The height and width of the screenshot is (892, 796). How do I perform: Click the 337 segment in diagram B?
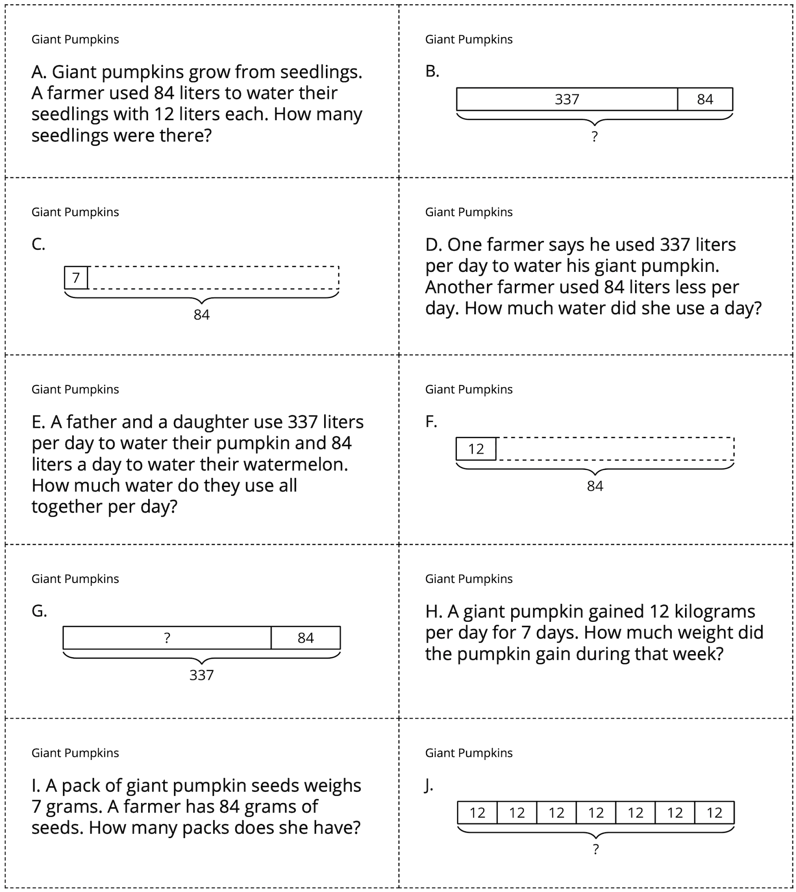[566, 99]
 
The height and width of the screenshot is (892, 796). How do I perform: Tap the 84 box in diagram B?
[704, 99]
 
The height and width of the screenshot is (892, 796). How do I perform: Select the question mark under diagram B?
[594, 137]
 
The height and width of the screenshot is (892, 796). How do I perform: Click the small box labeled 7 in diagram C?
[76, 278]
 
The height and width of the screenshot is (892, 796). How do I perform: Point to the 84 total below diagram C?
[201, 315]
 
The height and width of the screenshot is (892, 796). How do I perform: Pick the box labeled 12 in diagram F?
[476, 449]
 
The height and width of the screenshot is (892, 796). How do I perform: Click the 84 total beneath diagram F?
[595, 486]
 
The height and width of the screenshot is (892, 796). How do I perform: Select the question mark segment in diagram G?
[167, 638]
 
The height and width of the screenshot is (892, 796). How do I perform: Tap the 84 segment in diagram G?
[306, 638]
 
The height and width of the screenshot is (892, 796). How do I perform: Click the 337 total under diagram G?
[201, 675]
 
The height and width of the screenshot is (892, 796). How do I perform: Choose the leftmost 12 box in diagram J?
[477, 812]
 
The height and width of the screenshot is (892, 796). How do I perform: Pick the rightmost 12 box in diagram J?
[714, 812]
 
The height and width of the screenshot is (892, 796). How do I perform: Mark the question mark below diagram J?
[596, 849]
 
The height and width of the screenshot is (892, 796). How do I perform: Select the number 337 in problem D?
[675, 244]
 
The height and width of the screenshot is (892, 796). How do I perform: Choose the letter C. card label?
[38, 244]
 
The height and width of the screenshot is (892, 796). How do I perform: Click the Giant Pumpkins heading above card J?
[469, 753]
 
